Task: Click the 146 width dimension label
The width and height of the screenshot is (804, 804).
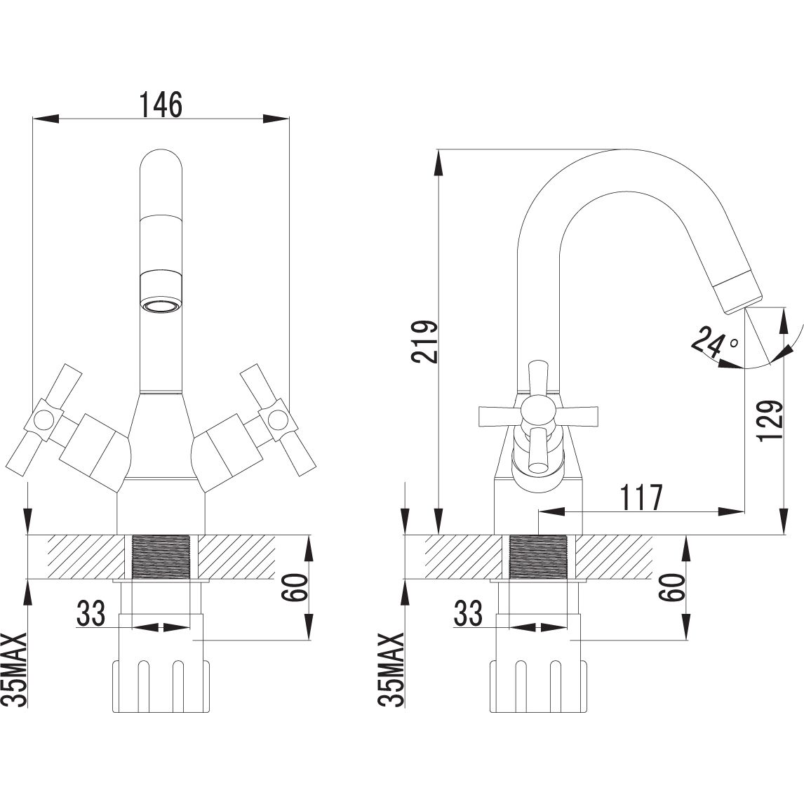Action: coord(161,105)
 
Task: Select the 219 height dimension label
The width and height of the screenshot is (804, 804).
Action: coord(427,342)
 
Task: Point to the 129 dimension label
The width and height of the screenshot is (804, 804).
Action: coord(770,420)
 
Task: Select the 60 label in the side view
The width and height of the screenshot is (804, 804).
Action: coord(673,587)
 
